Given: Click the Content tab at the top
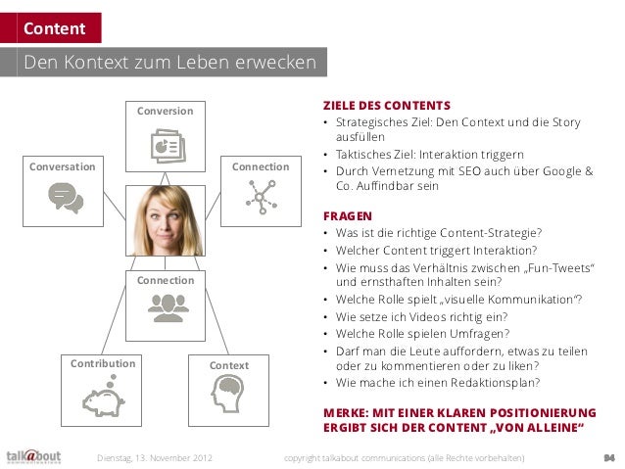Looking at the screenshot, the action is (x=55, y=29).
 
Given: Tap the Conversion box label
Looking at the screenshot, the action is (x=165, y=111).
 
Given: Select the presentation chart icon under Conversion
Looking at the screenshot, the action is (x=165, y=144).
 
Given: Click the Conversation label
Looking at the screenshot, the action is (x=64, y=166).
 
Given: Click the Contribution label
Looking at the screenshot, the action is (x=102, y=364).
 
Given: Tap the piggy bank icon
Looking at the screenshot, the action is (x=102, y=398).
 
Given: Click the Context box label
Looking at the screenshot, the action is (x=230, y=366).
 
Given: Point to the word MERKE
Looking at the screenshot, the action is (x=347, y=411).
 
